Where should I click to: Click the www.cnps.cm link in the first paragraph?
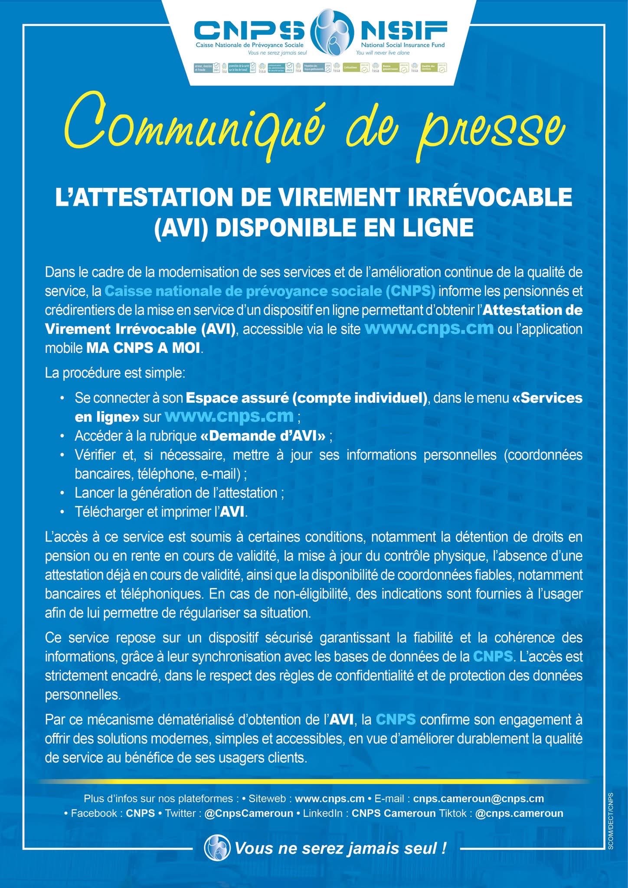429,328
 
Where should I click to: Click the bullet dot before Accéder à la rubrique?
63,436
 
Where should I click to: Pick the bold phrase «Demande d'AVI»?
263,436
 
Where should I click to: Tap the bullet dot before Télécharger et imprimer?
63,512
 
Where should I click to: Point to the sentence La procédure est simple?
115,373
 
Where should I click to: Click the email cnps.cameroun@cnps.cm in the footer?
478,798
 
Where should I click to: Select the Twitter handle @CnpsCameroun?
249,813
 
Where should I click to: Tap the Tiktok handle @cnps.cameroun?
519,813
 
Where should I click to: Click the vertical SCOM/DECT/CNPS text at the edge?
611,824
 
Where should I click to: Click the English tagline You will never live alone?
383,53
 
